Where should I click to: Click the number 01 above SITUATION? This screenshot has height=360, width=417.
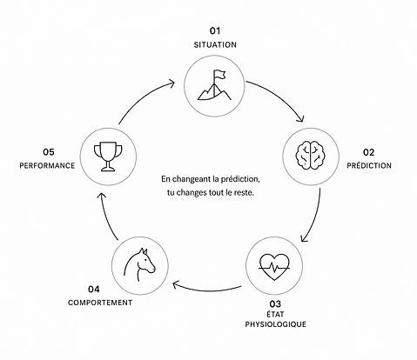point(215,30)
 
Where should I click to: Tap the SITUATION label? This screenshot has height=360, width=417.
point(215,45)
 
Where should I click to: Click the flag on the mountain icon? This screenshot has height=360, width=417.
point(219,75)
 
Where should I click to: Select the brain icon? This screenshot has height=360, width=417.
point(310,155)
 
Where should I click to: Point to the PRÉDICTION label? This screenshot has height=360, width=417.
point(369,165)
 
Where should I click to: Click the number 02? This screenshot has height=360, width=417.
point(368,152)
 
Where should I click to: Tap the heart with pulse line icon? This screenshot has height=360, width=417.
point(274,267)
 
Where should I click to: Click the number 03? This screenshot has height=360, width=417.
point(275,304)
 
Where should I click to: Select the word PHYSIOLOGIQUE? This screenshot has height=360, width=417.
point(275,324)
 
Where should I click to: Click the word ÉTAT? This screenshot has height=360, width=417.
point(275,315)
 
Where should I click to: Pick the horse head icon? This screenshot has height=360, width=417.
point(139,264)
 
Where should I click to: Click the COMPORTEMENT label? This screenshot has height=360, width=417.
point(100,303)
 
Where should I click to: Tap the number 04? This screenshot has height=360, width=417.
point(94,290)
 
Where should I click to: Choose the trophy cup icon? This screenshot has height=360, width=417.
point(108,157)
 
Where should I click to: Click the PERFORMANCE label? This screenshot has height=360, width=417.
point(47,165)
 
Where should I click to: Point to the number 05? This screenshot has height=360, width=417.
point(49,152)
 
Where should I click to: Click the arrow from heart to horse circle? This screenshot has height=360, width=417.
point(206,290)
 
